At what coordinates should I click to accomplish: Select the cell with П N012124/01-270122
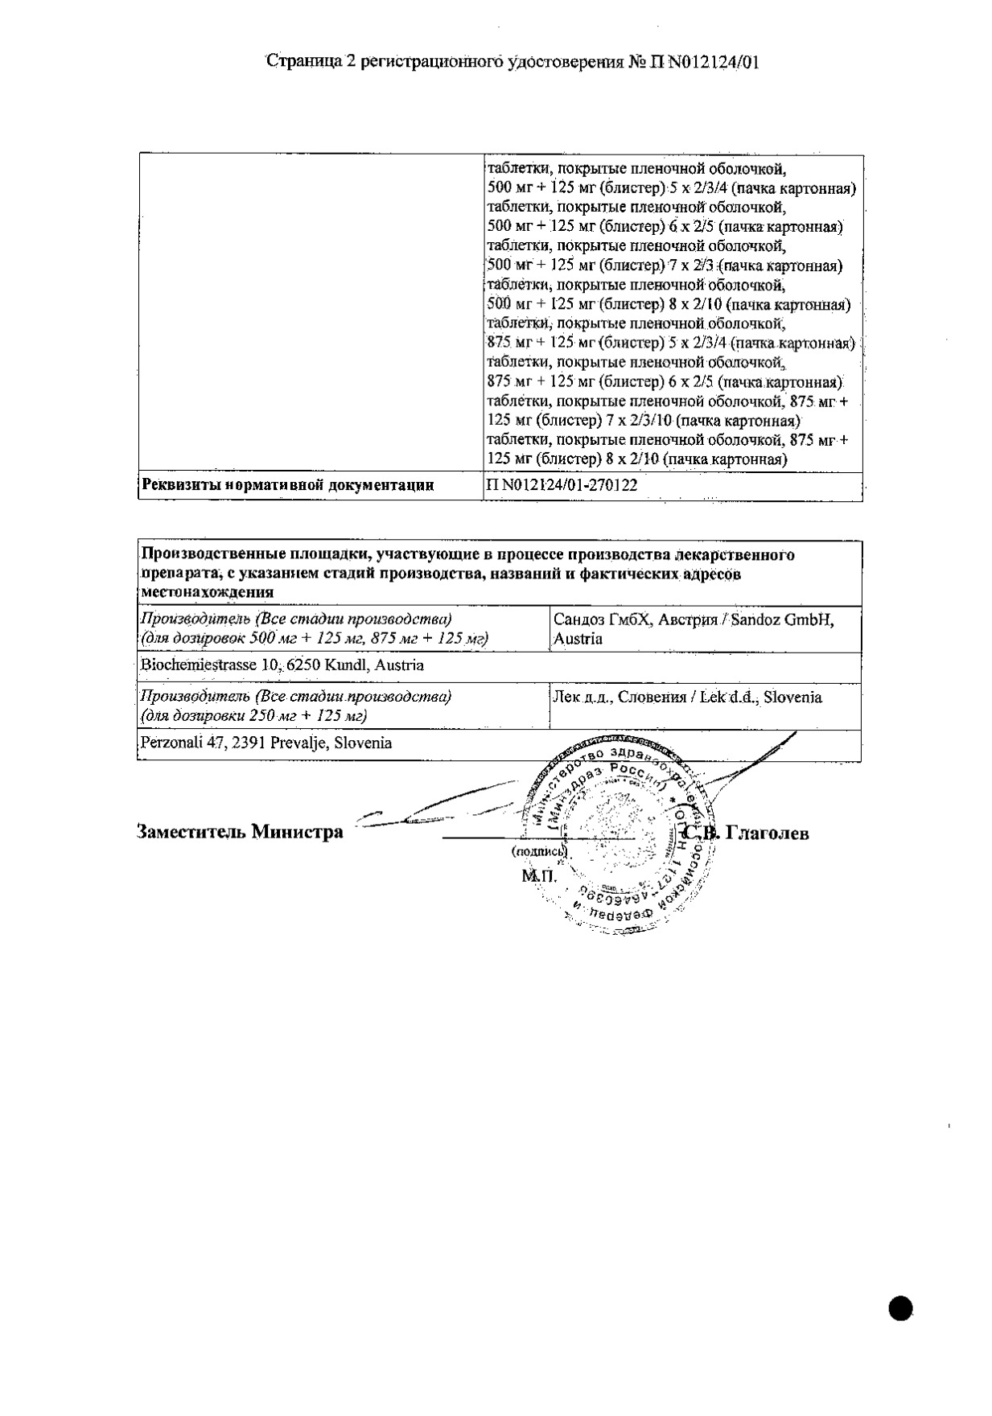(562, 485)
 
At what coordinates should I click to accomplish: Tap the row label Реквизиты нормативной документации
(288, 485)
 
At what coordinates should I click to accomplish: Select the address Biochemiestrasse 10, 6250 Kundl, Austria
(282, 665)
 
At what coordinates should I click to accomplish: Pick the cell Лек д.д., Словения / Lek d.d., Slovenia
(687, 698)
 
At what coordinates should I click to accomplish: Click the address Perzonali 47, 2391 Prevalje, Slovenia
(266, 743)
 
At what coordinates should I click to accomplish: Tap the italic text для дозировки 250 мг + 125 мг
(254, 716)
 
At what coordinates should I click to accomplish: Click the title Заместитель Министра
(241, 832)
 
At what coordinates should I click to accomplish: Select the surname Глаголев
(767, 833)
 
